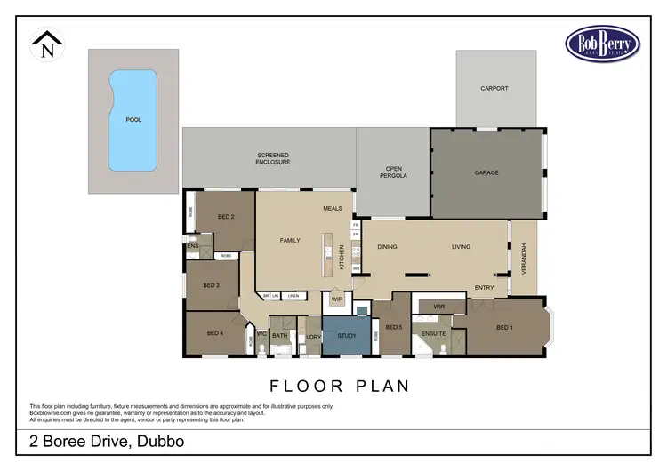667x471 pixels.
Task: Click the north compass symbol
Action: pos(46,44)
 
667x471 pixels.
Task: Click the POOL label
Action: pos(133,119)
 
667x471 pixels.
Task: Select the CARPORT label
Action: pos(494,89)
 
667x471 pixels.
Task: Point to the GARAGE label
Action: pos(486,172)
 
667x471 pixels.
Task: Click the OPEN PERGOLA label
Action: pos(395,172)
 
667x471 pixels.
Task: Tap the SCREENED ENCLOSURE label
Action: pos(273,158)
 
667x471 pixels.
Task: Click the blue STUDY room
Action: pos(346,336)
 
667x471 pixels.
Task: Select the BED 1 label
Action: pos(504,328)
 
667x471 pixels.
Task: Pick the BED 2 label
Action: pos(226,217)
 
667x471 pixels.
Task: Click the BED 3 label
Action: pos(211,285)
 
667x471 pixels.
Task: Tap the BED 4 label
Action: pos(214,333)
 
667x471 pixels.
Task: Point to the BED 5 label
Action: pos(393,328)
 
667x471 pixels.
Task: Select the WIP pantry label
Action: pos(336,299)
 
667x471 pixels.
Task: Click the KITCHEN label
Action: pos(342,259)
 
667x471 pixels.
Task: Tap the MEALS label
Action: pos(333,208)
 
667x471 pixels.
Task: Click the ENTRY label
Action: pos(484,287)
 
